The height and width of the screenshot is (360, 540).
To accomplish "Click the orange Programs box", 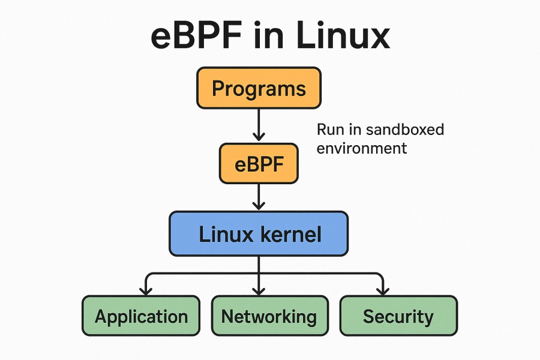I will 259,88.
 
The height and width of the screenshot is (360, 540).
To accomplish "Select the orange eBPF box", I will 259,163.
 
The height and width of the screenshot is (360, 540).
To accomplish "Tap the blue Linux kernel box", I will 259,233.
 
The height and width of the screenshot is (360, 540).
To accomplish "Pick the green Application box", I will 141,316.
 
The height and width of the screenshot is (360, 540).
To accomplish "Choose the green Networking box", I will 269,316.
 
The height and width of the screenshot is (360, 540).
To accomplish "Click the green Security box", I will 398,316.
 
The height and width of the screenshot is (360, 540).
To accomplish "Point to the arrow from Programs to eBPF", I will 259,125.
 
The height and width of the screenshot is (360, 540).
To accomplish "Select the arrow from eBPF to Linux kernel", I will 259,196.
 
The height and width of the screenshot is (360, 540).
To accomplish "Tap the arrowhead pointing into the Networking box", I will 259,290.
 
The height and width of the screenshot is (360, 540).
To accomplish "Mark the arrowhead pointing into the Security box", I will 381,290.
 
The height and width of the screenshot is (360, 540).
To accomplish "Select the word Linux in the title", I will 337,37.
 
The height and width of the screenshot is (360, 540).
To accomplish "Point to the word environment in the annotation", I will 362,147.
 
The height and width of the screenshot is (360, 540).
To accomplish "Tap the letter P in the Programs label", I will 219,89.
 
